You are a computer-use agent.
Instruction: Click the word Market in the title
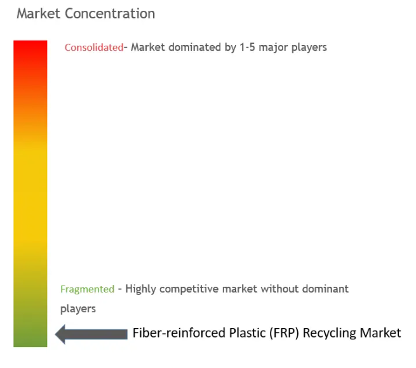click(39, 13)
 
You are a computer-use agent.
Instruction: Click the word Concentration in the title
click(110, 13)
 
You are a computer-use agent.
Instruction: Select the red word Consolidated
click(94, 48)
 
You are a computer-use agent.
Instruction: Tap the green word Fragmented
click(87, 289)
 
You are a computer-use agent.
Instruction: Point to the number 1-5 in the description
click(247, 47)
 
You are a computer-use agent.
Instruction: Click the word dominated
click(195, 47)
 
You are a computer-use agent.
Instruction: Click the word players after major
click(309, 48)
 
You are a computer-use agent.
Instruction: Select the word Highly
click(140, 289)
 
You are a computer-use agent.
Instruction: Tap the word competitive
click(189, 289)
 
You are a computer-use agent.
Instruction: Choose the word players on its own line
click(78, 309)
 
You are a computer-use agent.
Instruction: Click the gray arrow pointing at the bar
click(91, 334)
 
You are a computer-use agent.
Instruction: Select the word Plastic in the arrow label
click(247, 332)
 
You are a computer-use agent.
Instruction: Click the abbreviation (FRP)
click(284, 333)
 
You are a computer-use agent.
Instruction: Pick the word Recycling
click(330, 333)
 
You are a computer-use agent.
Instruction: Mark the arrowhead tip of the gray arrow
click(55, 334)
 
